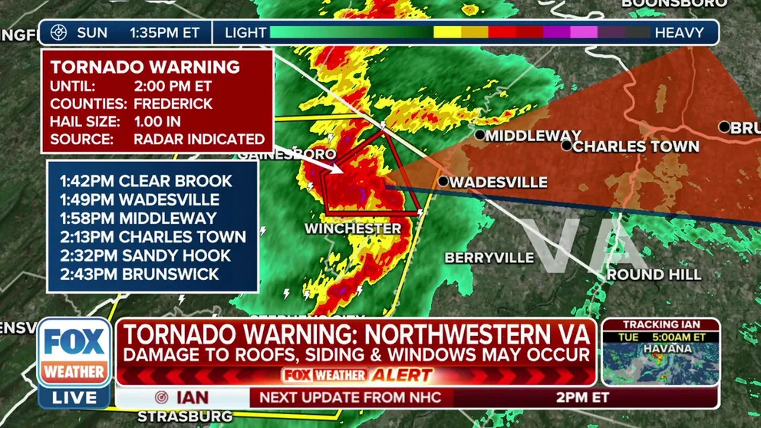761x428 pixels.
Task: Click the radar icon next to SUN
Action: click(59, 33)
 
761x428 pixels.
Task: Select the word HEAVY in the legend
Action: click(678, 33)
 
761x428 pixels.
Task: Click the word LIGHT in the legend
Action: click(245, 33)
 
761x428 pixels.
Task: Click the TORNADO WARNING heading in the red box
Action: click(145, 67)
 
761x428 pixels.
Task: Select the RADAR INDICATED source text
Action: click(199, 140)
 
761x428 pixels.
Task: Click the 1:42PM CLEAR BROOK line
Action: click(146, 181)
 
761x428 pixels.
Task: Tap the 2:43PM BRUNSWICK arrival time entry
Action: click(140, 274)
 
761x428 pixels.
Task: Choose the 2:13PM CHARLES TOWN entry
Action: click(153, 237)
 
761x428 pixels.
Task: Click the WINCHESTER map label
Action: click(352, 229)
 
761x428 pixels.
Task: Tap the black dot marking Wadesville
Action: click(443, 182)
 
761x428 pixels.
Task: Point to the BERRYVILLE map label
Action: click(489, 258)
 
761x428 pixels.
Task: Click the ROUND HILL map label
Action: click(654, 274)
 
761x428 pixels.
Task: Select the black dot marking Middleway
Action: click(479, 135)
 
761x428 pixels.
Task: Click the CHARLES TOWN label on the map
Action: click(635, 147)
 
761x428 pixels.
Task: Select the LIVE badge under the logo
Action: click(74, 397)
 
